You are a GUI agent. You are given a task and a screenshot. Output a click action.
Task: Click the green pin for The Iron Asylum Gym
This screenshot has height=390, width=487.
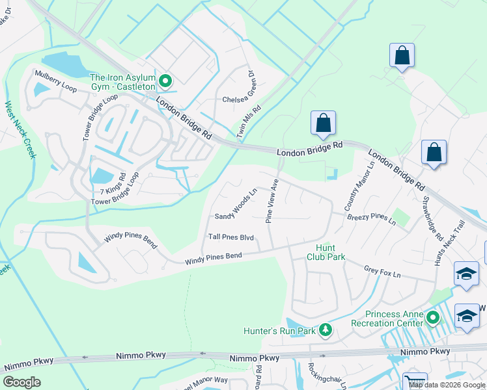[165, 81]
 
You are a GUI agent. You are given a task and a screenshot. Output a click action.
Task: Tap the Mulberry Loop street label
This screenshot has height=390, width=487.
[56, 79]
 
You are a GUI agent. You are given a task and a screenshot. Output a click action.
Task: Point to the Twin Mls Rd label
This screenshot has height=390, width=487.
[249, 122]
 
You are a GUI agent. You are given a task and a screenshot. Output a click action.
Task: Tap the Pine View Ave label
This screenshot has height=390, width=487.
[272, 202]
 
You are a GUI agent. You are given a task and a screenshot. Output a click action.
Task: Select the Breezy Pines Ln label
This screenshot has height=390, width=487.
[372, 219]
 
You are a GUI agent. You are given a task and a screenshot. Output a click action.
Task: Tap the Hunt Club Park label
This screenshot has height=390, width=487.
[326, 252]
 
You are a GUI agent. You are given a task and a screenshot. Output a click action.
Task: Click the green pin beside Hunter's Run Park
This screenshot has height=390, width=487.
[326, 331]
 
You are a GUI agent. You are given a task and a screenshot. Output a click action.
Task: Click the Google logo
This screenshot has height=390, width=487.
[21, 382]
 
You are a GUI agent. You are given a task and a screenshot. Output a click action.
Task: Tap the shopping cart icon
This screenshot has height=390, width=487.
[415, 382]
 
